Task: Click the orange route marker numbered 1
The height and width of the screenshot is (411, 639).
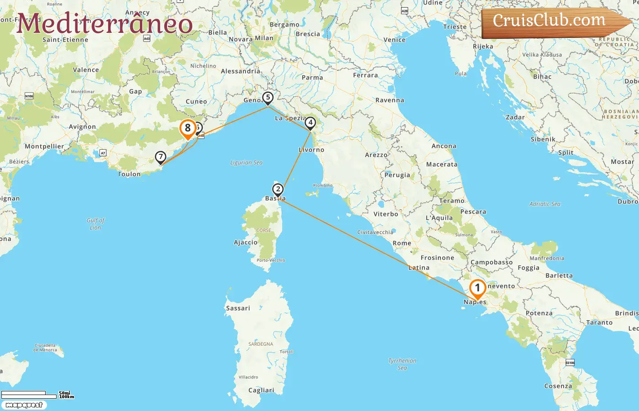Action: [x=477, y=288]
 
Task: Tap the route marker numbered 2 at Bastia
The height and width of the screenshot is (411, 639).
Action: [x=278, y=190]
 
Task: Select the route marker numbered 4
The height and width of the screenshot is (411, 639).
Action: [x=310, y=123]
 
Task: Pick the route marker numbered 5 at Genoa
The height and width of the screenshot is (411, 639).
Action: [x=268, y=97]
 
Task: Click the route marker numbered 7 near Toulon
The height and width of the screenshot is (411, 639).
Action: [x=160, y=157]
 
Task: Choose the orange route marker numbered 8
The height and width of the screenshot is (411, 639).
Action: [x=188, y=128]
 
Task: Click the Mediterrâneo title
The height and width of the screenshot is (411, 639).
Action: [x=105, y=24]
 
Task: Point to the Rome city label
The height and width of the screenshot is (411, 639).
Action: [x=402, y=243]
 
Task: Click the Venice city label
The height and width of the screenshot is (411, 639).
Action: [x=394, y=40]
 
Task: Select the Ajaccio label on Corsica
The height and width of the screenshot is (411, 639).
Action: [x=246, y=242]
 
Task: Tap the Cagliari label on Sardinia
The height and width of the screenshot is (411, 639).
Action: [x=261, y=390]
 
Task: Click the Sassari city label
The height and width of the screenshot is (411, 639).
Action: [x=238, y=308]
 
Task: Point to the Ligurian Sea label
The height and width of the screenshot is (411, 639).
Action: [x=246, y=163]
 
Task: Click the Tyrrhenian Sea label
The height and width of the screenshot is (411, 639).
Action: [x=402, y=364]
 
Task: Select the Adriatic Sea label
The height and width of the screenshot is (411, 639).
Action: [x=545, y=204]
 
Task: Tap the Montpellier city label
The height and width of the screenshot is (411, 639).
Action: [x=44, y=147]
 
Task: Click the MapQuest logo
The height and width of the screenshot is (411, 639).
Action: [x=24, y=405]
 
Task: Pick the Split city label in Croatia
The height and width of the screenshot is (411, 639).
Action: [x=566, y=153]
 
